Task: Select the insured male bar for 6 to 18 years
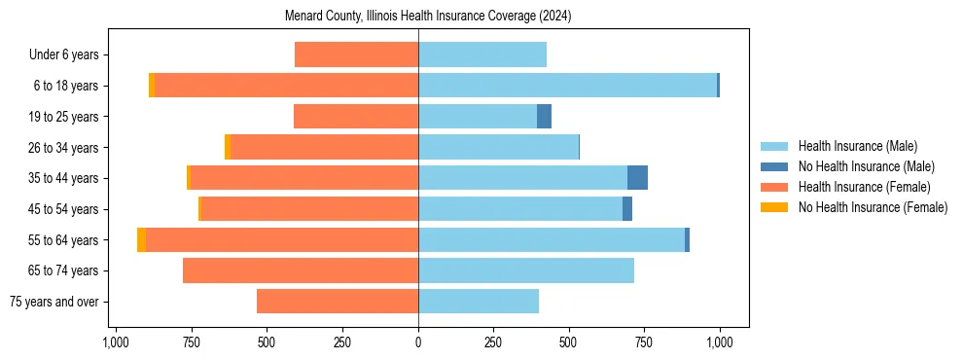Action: click(x=567, y=86)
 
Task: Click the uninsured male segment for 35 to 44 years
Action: click(x=637, y=178)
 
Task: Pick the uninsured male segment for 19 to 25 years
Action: click(x=544, y=117)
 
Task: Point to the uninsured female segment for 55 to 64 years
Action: click(x=142, y=239)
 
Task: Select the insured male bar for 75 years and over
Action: click(x=479, y=302)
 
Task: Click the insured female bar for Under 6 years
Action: click(x=356, y=54)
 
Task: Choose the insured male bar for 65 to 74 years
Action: click(x=526, y=270)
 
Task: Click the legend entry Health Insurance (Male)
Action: click(x=857, y=146)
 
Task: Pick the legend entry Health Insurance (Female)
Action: click(x=864, y=187)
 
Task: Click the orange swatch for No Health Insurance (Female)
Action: click(x=774, y=207)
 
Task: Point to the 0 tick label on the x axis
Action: click(x=418, y=342)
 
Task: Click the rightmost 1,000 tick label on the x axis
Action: click(x=720, y=342)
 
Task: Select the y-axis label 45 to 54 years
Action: click(x=64, y=209)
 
